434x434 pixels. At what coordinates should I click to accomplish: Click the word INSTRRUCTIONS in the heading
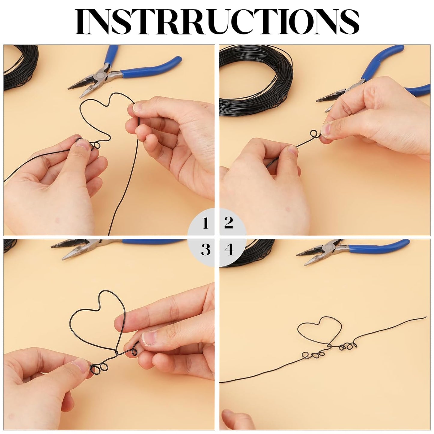pos(217,22)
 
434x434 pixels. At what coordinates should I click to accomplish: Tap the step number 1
pos(205,223)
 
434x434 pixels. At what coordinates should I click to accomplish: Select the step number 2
pos(228,223)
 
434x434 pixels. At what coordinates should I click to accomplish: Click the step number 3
pos(205,250)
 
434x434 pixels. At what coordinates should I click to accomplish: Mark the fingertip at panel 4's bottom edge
pos(234,423)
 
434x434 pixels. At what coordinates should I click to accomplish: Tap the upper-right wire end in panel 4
pos(425,317)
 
